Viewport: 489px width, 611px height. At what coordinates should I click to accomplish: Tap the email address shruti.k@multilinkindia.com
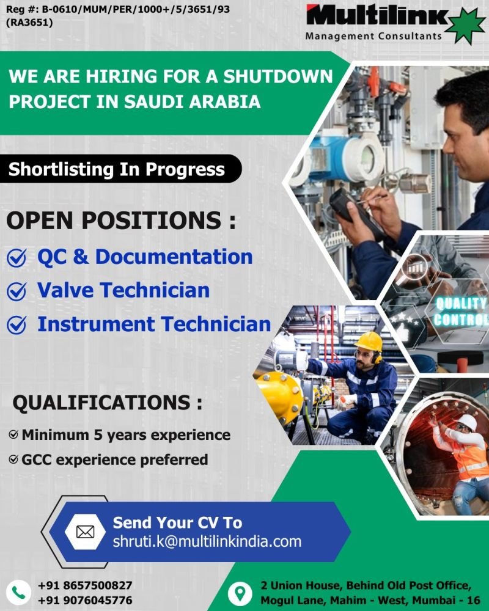(207, 541)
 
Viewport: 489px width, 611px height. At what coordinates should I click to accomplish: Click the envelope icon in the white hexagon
(85, 532)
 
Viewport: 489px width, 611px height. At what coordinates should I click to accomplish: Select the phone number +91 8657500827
(84, 585)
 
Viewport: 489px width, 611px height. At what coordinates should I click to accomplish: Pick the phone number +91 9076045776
(84, 600)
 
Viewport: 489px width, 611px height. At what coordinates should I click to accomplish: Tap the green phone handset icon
(18, 593)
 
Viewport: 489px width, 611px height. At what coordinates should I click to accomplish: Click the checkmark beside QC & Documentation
(17, 258)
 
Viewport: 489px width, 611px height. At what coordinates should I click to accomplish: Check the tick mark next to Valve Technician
(17, 291)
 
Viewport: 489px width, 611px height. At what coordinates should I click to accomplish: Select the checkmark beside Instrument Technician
(17, 325)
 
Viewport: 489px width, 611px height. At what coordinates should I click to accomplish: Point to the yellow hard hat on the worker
(369, 342)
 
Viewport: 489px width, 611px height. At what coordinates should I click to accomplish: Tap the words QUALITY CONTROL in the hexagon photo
(461, 312)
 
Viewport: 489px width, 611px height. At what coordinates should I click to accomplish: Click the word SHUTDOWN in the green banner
(278, 76)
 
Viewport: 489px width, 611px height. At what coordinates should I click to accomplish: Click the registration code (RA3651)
(29, 22)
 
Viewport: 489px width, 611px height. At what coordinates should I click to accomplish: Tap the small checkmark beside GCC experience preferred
(13, 459)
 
